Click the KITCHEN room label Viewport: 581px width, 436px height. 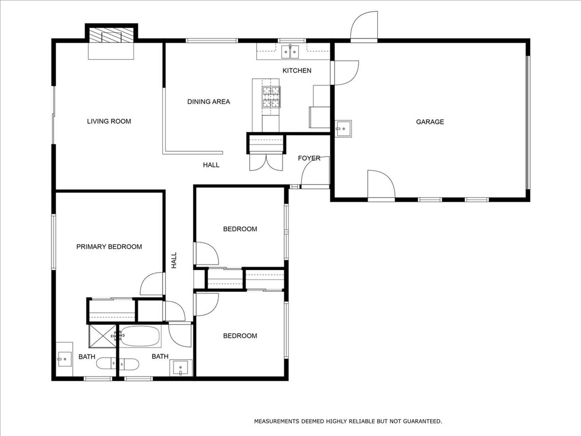tap(297, 71)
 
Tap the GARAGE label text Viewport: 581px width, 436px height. tap(430, 122)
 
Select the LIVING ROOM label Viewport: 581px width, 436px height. tap(109, 121)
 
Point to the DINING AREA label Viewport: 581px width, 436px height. tap(209, 102)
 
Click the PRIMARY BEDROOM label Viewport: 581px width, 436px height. tap(109, 247)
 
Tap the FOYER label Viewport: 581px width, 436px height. tap(309, 158)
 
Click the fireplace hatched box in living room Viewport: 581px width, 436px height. tap(111, 35)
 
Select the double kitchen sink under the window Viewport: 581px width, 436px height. tap(290, 52)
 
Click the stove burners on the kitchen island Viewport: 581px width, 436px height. tap(271, 97)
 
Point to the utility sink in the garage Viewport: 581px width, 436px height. tap(343, 129)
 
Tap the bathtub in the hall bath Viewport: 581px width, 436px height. tap(140, 336)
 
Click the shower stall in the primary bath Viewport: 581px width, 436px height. tap(102, 336)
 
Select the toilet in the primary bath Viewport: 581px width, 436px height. tap(106, 363)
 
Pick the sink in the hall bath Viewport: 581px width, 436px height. tap(180, 368)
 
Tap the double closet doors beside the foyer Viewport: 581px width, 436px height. tap(266, 162)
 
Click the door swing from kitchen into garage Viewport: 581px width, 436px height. tap(347, 73)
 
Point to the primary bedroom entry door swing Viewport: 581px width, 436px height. tap(151, 283)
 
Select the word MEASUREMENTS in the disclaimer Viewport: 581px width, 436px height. tap(277, 421)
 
